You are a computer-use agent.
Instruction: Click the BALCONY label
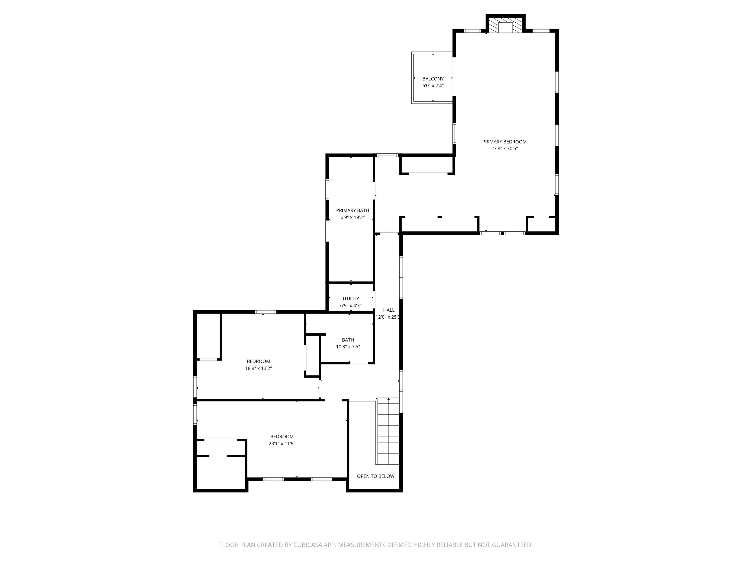(433, 78)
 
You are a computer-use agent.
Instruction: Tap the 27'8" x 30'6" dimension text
(504, 149)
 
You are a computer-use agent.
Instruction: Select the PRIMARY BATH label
(352, 211)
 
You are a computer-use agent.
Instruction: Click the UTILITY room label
(350, 299)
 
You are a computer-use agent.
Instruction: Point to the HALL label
(389, 310)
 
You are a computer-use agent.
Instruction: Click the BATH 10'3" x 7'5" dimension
(348, 347)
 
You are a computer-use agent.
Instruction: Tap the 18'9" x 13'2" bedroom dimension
(258, 368)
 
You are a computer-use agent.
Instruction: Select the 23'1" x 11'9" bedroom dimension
(282, 443)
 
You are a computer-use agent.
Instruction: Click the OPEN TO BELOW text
(375, 476)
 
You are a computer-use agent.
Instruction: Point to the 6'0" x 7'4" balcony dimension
(433, 86)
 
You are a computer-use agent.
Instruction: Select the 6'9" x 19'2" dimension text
(352, 218)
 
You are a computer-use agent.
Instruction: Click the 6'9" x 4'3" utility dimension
(350, 306)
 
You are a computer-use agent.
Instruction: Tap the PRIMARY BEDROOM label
(504, 142)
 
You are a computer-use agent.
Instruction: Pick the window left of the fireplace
(472, 31)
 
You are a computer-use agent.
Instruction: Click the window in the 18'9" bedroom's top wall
(265, 312)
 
